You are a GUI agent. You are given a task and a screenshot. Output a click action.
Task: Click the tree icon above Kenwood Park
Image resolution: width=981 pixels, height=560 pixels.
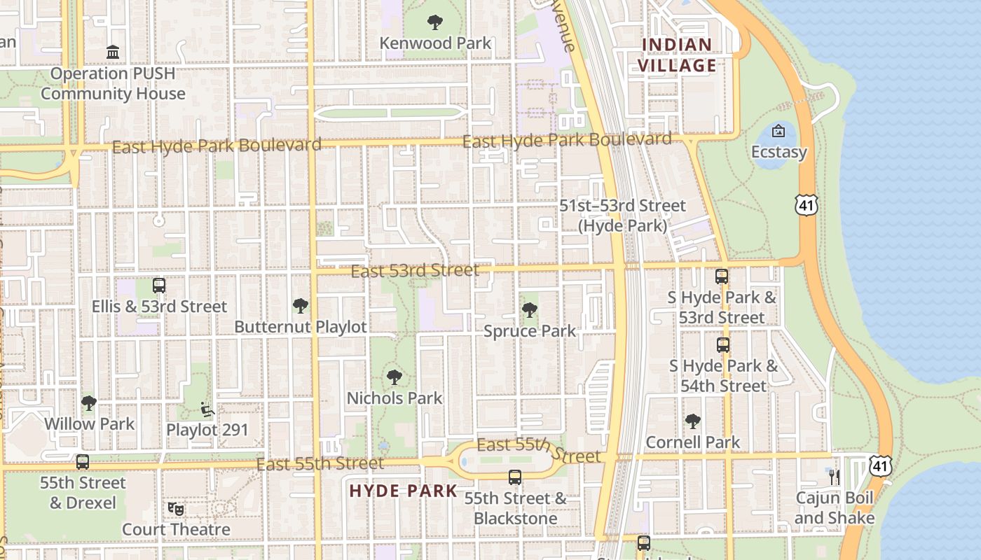click(435, 22)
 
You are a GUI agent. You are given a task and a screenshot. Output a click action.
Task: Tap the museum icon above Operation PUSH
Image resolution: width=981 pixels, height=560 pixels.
click(113, 52)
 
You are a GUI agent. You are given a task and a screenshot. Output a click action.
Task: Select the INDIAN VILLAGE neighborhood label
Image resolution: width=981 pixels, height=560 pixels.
click(679, 55)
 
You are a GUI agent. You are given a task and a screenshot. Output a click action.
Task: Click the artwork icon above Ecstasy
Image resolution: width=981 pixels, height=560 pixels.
click(778, 131)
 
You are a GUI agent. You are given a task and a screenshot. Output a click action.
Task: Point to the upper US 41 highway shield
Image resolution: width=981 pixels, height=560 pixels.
click(806, 204)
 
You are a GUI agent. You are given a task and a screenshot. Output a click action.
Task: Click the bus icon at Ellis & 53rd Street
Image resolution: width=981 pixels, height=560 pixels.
click(159, 286)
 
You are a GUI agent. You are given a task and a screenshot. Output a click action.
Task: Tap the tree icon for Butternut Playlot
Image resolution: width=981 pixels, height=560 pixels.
click(301, 306)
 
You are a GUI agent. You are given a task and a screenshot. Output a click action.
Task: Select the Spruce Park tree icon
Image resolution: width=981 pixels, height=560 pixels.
click(530, 310)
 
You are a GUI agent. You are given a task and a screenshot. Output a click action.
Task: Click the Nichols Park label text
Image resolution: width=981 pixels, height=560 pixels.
click(395, 398)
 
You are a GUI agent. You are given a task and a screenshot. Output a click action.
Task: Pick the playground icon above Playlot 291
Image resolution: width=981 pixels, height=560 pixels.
click(207, 409)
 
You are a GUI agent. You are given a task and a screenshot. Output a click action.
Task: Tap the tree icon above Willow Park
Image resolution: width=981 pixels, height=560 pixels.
click(89, 403)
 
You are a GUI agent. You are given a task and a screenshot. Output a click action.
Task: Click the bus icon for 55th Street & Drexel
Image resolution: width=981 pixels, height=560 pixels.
click(83, 462)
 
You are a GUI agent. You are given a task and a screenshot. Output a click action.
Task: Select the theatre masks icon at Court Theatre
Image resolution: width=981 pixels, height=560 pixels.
click(176, 509)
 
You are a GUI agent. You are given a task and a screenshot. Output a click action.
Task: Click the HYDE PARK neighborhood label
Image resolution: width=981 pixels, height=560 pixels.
click(403, 491)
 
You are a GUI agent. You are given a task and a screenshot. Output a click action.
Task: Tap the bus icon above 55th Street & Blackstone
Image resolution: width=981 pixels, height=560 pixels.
click(515, 477)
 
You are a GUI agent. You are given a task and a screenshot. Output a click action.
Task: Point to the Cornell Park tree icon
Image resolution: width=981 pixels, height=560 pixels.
click(693, 421)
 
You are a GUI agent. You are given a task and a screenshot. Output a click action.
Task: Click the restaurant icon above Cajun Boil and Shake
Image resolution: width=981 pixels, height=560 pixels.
click(834, 477)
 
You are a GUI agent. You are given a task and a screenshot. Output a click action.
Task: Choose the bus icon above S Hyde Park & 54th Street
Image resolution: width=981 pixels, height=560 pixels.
click(723, 345)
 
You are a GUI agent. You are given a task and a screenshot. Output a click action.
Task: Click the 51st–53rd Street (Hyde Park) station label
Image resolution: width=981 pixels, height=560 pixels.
click(622, 216)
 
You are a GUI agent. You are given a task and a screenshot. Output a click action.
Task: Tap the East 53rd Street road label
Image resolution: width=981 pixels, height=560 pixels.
click(415, 270)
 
